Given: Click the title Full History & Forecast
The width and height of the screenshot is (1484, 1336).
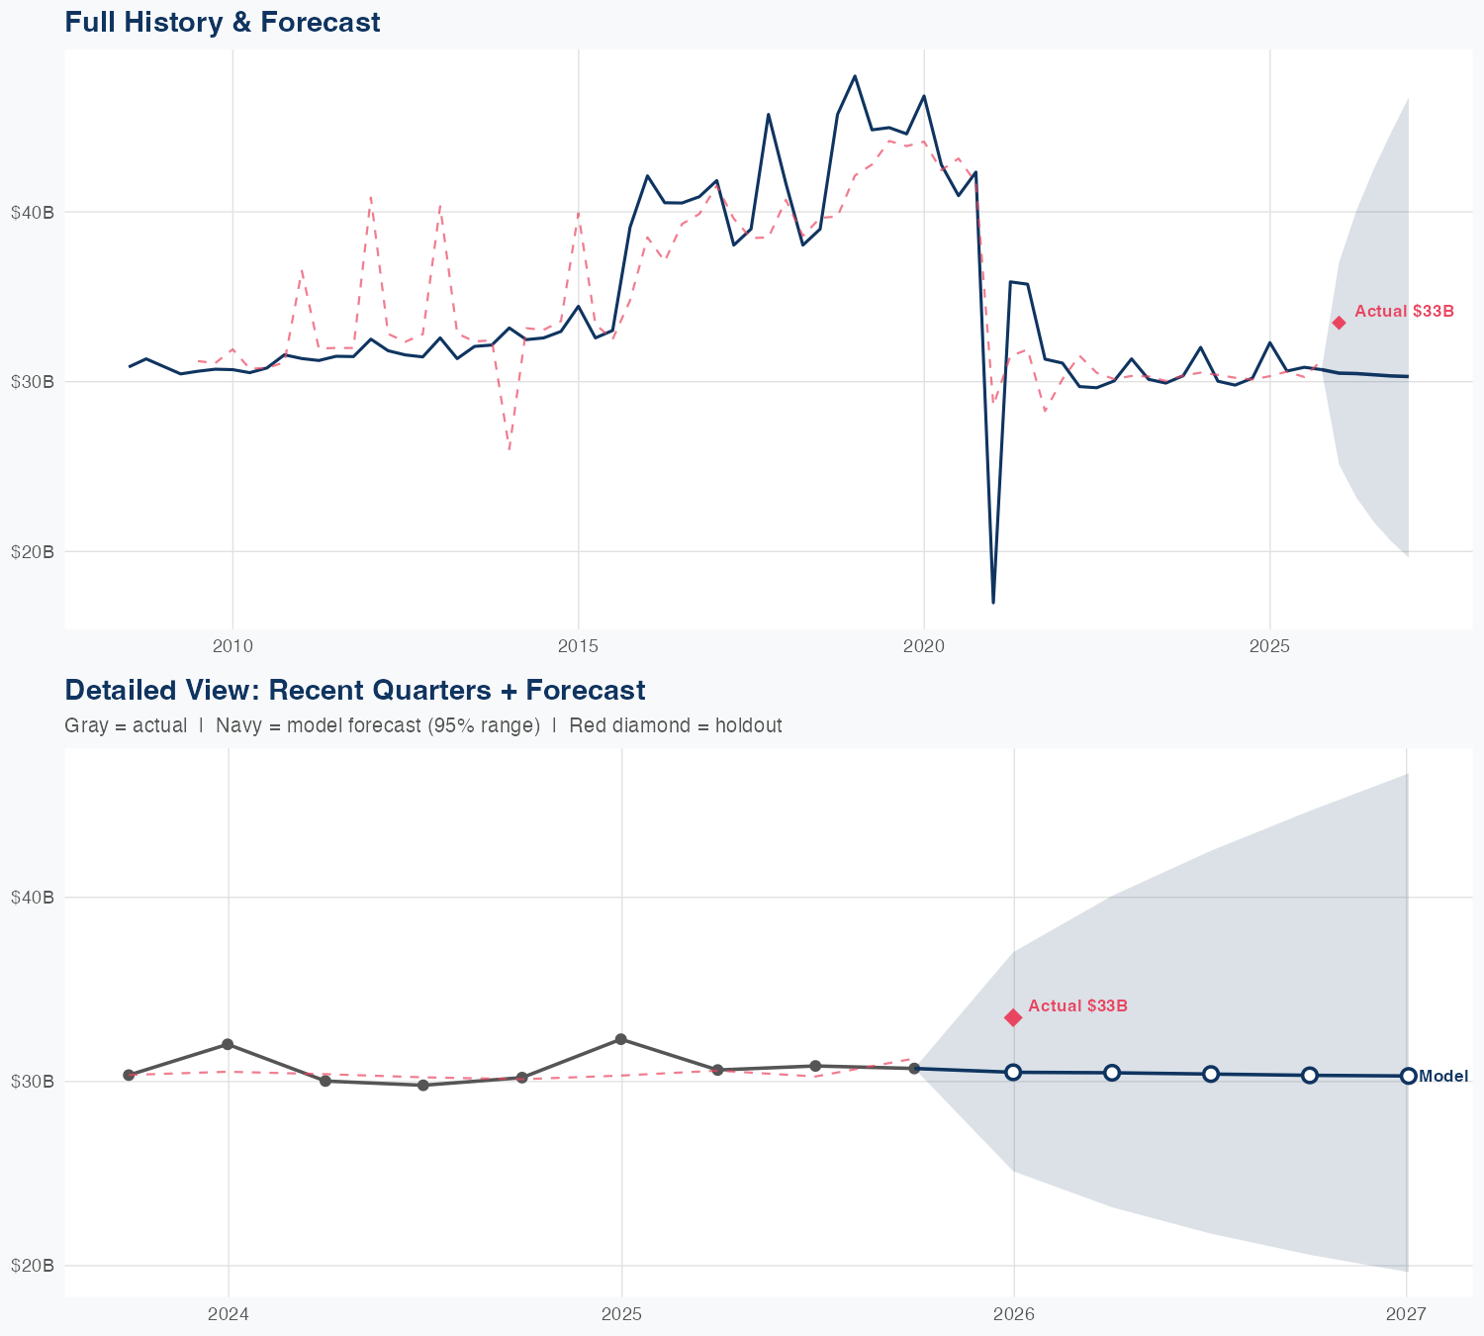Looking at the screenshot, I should click(x=223, y=23).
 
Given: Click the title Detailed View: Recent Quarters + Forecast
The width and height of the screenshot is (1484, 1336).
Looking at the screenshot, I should click(x=354, y=691).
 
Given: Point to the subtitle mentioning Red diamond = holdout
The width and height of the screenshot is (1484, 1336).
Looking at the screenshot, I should click(x=675, y=725).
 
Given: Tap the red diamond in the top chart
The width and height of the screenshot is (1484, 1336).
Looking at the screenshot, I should click(x=1339, y=323).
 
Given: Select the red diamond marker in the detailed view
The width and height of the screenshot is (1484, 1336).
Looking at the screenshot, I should click(x=1013, y=1017).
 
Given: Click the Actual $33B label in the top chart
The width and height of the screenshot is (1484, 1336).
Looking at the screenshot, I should click(x=1404, y=312).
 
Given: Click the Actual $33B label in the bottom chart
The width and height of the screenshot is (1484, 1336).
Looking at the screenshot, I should click(x=1077, y=1006).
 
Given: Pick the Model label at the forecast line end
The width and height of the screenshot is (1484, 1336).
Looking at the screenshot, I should click(x=1443, y=1077).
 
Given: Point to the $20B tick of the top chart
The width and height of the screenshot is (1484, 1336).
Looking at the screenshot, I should click(x=33, y=551).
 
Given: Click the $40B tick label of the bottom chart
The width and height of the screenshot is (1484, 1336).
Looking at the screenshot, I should click(x=33, y=898).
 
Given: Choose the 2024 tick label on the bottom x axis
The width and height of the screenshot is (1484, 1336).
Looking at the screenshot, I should click(x=229, y=1314).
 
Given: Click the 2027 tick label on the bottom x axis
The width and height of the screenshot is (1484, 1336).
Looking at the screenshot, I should click(x=1406, y=1314).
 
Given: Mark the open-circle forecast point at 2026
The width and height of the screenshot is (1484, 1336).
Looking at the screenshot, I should click(x=1013, y=1073).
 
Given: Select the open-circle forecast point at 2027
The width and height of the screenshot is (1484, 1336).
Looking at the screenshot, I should click(x=1408, y=1076).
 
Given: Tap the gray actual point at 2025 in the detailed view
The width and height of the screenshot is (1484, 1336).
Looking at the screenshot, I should click(x=620, y=1039).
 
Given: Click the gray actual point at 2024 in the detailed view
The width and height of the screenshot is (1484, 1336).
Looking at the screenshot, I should click(x=228, y=1044).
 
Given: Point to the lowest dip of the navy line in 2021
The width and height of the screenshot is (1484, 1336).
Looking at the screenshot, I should click(x=993, y=602).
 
